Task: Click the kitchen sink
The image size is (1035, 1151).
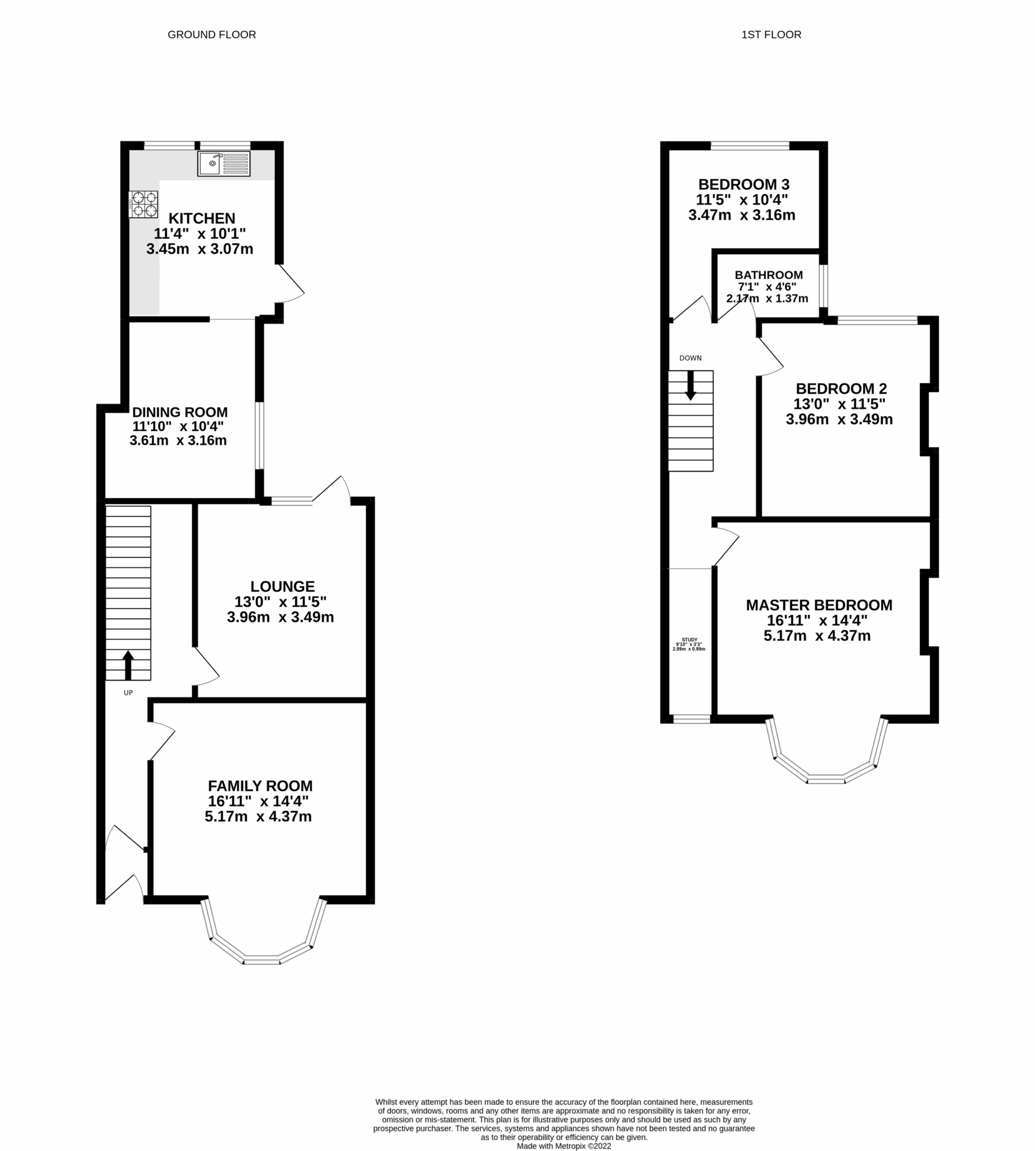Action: click(x=224, y=164)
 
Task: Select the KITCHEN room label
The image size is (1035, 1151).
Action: click(x=202, y=219)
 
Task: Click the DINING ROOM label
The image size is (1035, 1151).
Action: click(x=180, y=413)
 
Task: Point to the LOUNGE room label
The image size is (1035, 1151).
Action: click(x=283, y=586)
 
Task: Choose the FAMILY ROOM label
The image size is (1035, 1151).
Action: click(x=260, y=786)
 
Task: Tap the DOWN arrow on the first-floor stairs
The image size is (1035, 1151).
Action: click(x=691, y=386)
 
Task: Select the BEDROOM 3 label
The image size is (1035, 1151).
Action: click(x=743, y=184)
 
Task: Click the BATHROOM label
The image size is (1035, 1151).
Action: click(x=768, y=275)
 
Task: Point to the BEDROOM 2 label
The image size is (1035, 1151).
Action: click(x=841, y=388)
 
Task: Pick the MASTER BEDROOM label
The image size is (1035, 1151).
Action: click(x=819, y=605)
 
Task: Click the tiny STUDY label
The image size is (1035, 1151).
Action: click(x=689, y=639)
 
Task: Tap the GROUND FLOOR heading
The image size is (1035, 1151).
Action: click(x=211, y=35)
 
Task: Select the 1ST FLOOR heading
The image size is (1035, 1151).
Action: click(x=771, y=35)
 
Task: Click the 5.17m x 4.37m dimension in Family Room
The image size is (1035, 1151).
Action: click(x=258, y=817)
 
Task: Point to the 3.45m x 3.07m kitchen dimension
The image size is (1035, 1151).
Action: click(x=199, y=249)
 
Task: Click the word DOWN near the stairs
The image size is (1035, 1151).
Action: click(x=691, y=358)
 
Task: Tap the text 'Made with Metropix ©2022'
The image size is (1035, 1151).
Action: click(x=564, y=1146)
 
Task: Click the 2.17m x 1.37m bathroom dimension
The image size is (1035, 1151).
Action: click(x=767, y=298)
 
